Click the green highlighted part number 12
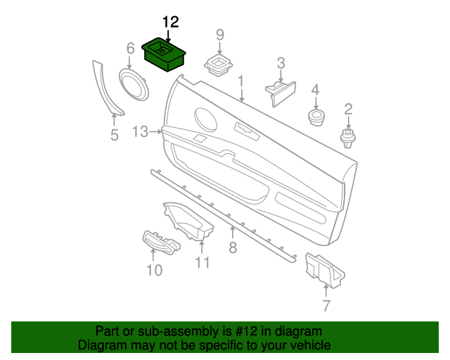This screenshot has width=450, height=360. (x=163, y=55)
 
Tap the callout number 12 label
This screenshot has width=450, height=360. (x=170, y=22)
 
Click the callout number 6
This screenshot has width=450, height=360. (x=130, y=49)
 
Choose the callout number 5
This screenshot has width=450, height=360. (x=115, y=135)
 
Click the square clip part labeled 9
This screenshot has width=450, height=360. (x=219, y=66)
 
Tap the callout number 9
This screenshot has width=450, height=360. (x=219, y=34)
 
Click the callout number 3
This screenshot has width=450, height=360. (x=281, y=63)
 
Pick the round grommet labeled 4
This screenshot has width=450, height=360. (x=316, y=116)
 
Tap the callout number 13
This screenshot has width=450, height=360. (x=140, y=131)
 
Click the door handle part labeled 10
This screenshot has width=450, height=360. (x=161, y=243)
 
